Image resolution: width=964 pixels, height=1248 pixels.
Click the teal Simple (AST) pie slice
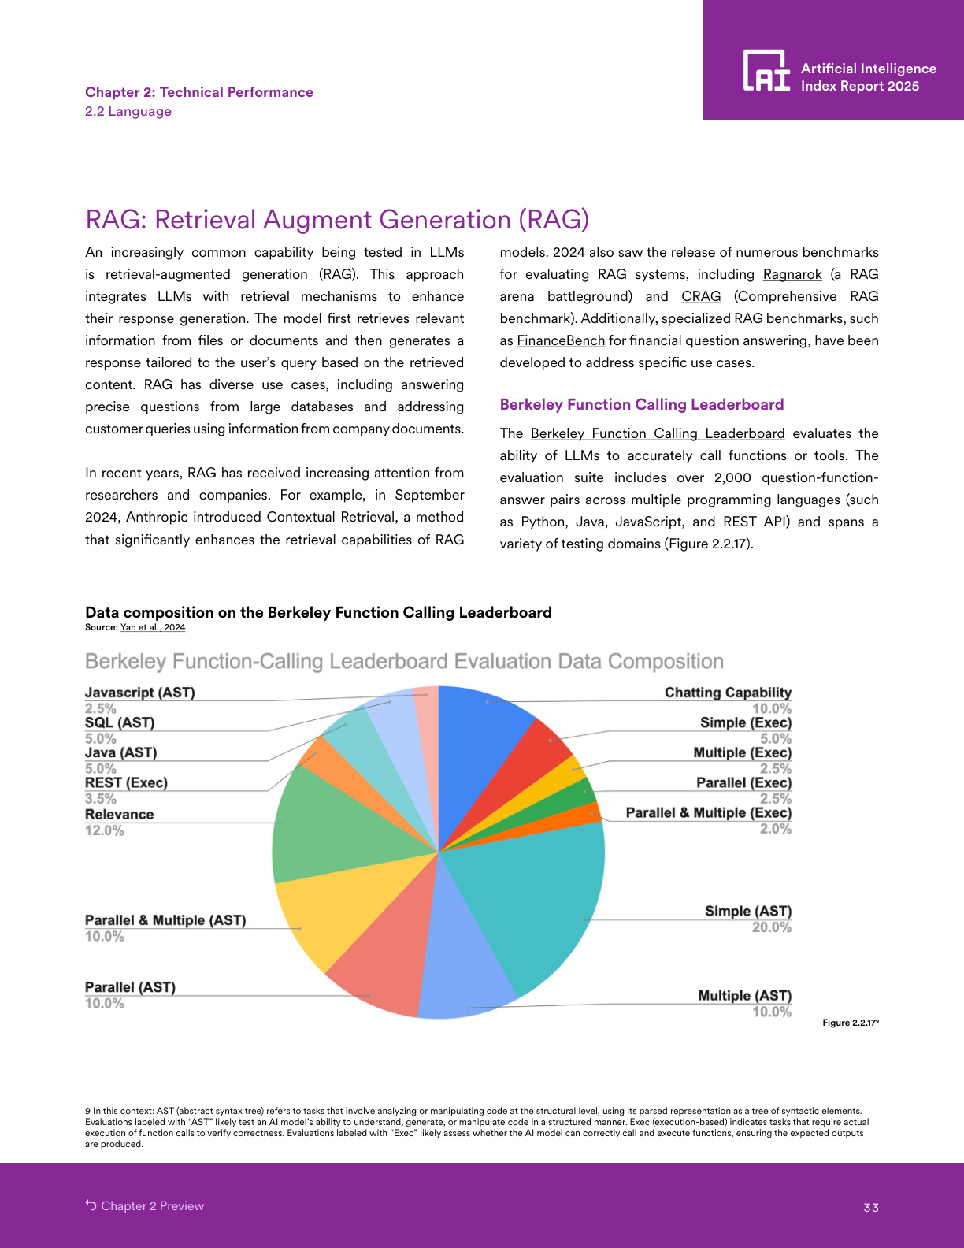pyautogui.click(x=543, y=906)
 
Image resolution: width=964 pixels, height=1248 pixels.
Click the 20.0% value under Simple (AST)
pyautogui.click(x=771, y=927)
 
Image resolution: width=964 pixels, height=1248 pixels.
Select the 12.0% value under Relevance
pyautogui.click(x=105, y=830)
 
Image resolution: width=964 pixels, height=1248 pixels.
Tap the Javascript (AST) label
pyautogui.click(x=139, y=693)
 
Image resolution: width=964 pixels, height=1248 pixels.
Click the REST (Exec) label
pyautogui.click(x=126, y=782)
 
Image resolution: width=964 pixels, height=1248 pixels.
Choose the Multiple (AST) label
pyautogui.click(x=744, y=996)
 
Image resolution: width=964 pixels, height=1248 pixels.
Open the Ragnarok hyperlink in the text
pyautogui.click(x=792, y=274)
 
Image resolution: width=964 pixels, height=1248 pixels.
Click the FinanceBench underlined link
pyautogui.click(x=560, y=340)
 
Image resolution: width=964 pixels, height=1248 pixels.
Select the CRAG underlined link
pyautogui.click(x=701, y=296)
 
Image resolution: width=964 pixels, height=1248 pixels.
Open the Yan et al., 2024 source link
pyautogui.click(x=153, y=628)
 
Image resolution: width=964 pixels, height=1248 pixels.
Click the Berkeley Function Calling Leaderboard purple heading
pyautogui.click(x=641, y=404)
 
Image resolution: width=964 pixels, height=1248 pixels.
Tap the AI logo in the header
pyautogui.click(x=766, y=71)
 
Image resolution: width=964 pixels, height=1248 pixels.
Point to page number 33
pyautogui.click(x=871, y=1208)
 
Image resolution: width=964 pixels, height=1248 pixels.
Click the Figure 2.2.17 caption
pyautogui.click(x=850, y=1023)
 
